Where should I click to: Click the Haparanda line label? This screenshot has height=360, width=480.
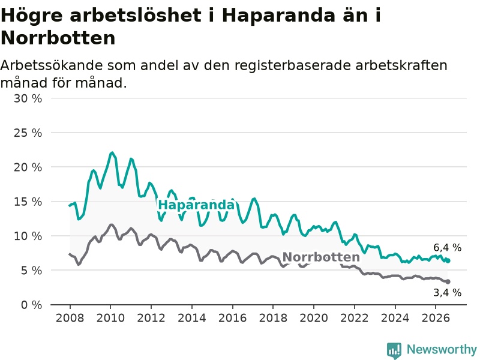(x=197, y=205)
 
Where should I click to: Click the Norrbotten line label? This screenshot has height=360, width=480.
(x=321, y=257)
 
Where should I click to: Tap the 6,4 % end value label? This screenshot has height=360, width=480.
(x=447, y=247)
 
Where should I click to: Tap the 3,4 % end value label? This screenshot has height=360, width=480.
(x=447, y=293)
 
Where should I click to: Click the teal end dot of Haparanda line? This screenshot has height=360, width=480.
(x=448, y=260)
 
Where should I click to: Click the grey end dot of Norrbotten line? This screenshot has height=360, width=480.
(x=448, y=281)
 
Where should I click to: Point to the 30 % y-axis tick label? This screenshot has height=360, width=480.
(x=28, y=98)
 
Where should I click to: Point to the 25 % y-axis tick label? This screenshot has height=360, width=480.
(x=28, y=133)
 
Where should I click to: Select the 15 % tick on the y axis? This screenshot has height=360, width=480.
(x=28, y=202)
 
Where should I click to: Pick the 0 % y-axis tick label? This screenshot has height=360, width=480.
(x=32, y=305)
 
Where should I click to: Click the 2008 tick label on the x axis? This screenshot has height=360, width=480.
(x=70, y=318)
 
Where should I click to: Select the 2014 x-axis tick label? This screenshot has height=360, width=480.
(x=192, y=318)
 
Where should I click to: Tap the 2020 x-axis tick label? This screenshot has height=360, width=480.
(x=314, y=318)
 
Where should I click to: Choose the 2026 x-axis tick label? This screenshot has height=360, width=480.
(x=436, y=318)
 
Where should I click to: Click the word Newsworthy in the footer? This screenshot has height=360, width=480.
(x=442, y=349)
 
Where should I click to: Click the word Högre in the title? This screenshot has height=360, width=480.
(x=32, y=16)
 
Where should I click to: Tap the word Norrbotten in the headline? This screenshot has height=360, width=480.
(x=58, y=38)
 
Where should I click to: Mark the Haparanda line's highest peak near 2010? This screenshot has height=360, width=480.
(x=112, y=152)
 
